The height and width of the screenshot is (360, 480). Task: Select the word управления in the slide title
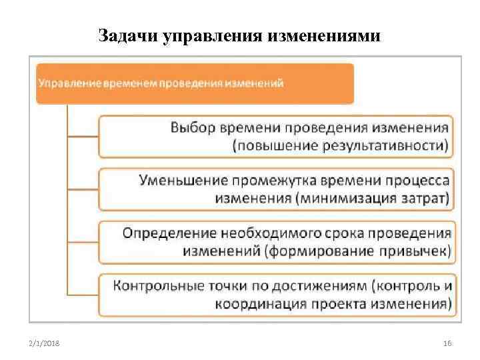pyautogui.click(x=207, y=35)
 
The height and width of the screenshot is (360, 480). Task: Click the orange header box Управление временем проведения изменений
pyautogui.click(x=194, y=83)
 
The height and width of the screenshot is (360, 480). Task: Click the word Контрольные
pyautogui.click(x=158, y=286)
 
